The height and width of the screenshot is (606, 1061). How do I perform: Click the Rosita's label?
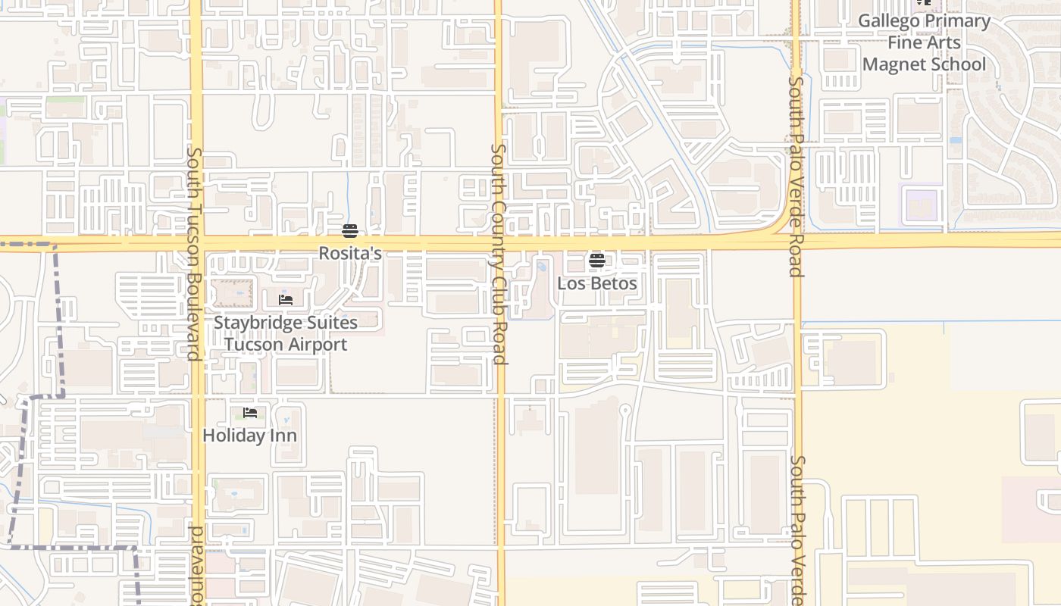pyautogui.click(x=349, y=253)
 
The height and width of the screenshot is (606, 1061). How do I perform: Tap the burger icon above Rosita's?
pyautogui.click(x=349, y=230)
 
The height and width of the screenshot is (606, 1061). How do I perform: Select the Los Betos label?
pyautogui.click(x=597, y=283)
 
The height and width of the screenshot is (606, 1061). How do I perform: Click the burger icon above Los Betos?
pyautogui.click(x=597, y=261)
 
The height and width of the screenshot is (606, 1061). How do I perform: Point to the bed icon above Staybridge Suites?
pyautogui.click(x=286, y=300)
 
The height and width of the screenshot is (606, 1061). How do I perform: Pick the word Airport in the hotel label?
pyautogui.click(x=312, y=345)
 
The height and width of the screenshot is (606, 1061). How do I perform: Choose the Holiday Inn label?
pyautogui.click(x=249, y=436)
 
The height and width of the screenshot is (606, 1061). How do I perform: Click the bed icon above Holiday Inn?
pyautogui.click(x=250, y=413)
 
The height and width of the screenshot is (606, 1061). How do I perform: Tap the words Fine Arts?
pyautogui.click(x=925, y=42)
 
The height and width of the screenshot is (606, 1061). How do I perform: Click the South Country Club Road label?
pyautogui.click(x=498, y=254)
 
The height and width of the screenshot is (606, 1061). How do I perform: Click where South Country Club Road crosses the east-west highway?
pyautogui.click(x=499, y=243)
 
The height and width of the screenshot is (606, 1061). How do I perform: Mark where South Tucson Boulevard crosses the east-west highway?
pyautogui.click(x=197, y=243)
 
